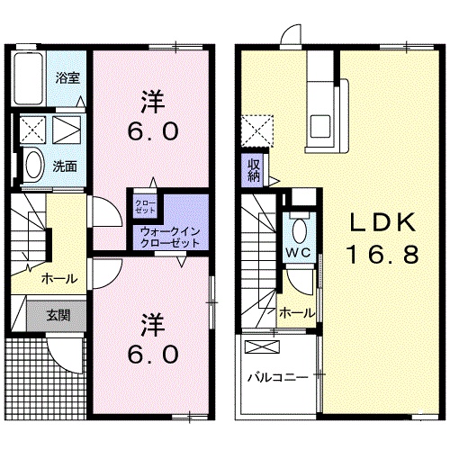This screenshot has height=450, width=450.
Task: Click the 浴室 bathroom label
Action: click(68, 78)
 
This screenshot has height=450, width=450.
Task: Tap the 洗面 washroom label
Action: click(63, 166)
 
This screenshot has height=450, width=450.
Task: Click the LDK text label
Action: click(376, 223)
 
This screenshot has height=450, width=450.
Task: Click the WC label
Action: click(299, 252)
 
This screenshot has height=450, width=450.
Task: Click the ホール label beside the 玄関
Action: click(58, 279)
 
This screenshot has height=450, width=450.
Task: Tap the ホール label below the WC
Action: click(296, 312)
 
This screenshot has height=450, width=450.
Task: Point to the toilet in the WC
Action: click(298, 227)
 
